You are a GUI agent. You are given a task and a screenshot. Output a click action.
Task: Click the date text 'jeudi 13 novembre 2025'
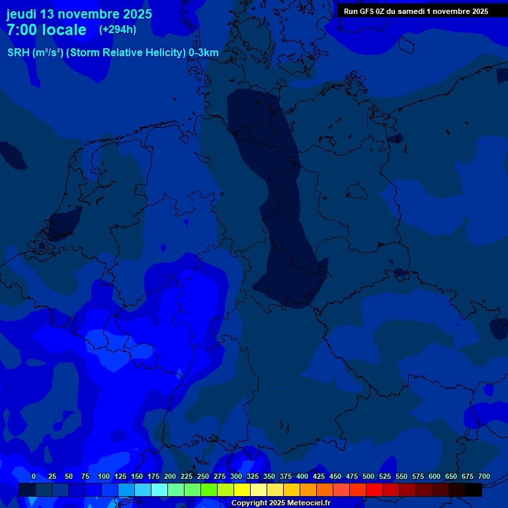pyautogui.click(x=79, y=14)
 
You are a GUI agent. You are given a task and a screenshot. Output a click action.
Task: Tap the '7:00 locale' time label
pyautogui.click(x=46, y=30)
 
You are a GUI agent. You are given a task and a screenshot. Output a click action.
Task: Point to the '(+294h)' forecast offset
pyautogui.click(x=118, y=30)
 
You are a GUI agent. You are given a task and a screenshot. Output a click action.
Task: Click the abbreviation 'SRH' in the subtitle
pyautogui.click(x=19, y=53)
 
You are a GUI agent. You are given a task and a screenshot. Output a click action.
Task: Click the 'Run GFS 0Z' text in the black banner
pyautogui.click(x=366, y=11)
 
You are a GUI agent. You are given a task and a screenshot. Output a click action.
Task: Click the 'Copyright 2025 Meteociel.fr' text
pyautogui.click(x=280, y=503)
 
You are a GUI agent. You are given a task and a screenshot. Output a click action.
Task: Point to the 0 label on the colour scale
pyautogui.click(x=34, y=476)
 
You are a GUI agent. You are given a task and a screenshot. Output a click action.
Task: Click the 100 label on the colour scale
pyautogui.click(x=104, y=476)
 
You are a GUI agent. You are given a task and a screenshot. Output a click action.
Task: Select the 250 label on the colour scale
pyautogui.click(x=203, y=476)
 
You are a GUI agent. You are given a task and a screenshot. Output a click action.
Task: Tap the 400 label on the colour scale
pyautogui.click(x=302, y=476)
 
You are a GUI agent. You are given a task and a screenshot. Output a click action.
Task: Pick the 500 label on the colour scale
pyautogui.click(x=368, y=476)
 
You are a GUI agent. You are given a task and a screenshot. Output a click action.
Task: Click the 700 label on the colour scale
pyautogui.click(x=484, y=476)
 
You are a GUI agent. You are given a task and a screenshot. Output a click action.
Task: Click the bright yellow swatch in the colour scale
pyautogui.click(x=242, y=489)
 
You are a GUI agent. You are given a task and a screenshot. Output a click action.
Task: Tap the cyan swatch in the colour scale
pyautogui.click(x=159, y=489)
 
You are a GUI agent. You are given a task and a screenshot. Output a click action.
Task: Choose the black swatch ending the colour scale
pyautogui.click(x=474, y=489)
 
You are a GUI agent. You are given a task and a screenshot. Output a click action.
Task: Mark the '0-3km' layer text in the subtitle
pyautogui.click(x=204, y=53)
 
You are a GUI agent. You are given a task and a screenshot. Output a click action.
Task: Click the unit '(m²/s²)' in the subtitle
pyautogui.click(x=48, y=53)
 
